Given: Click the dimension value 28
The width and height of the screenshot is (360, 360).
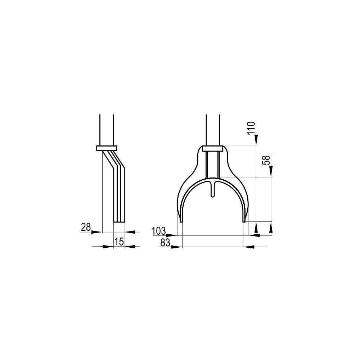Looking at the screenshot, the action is tap(86, 227).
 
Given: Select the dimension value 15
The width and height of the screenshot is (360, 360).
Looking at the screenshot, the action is tap(119, 242).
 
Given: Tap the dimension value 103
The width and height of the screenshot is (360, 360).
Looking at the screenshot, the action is tap(159, 231).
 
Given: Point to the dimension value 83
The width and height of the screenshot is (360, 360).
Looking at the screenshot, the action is tap(165, 242).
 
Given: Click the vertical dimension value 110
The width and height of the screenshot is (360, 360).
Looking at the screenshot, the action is tap(251, 128).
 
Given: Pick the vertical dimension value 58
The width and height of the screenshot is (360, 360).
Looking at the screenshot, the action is tap(266, 160).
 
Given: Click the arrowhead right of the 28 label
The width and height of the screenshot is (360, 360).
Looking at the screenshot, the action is tap(96, 232).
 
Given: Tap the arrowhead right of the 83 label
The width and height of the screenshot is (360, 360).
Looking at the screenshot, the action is tap(176, 247).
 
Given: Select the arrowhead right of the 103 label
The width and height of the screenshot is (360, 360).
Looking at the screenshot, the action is tap(172, 235).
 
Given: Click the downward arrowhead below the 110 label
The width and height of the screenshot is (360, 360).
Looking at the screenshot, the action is tap(256, 140).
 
